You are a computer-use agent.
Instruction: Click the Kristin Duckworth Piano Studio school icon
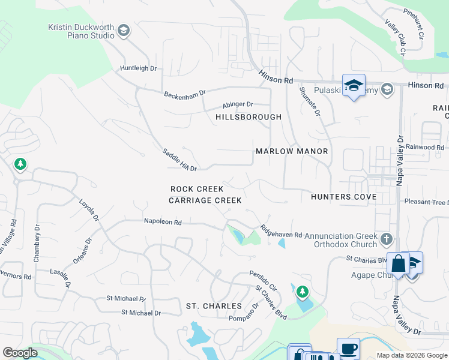[124, 31]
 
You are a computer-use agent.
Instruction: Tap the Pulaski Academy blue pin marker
[354, 85]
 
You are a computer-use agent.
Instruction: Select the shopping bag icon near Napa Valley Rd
[398, 263]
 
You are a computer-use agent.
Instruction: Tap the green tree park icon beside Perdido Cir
[303, 292]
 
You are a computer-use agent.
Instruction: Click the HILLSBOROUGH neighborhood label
[248, 117]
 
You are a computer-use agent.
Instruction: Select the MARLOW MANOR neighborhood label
[292, 151]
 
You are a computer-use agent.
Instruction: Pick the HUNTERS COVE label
[343, 197]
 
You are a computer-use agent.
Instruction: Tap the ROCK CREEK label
[197, 189]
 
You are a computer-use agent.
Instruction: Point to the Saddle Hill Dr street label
[179, 160]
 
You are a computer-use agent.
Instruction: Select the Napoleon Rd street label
[162, 221]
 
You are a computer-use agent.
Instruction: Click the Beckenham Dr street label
[185, 94]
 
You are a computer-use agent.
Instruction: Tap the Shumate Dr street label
[310, 101]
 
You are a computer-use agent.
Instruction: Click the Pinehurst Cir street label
[414, 24]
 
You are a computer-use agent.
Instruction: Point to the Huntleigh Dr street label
[138, 68]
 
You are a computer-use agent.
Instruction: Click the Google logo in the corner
[20, 353]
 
